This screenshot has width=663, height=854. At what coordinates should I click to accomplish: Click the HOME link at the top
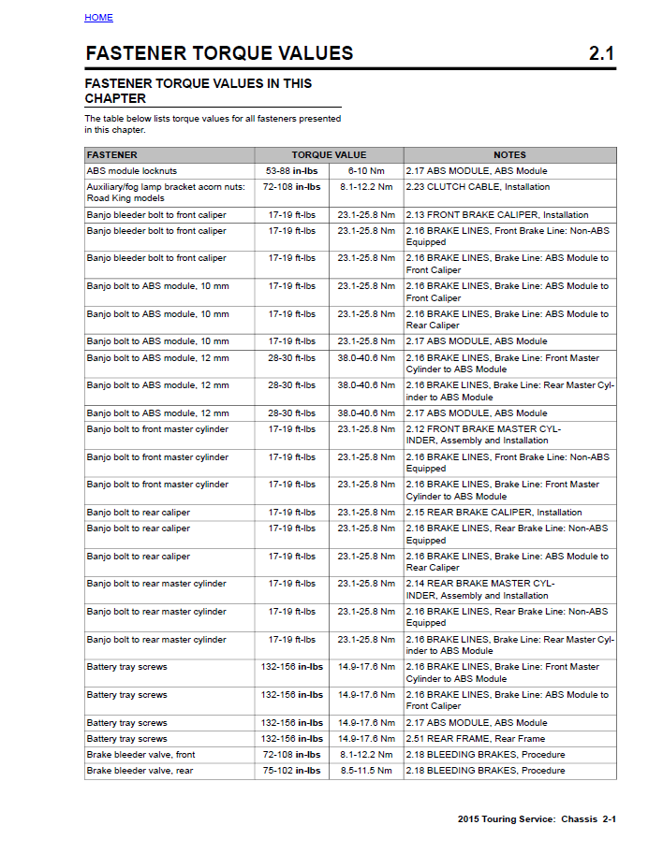[98, 18]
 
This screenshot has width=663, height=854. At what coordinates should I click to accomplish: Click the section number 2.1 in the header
[601, 53]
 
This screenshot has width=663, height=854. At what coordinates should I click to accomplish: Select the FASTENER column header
[112, 155]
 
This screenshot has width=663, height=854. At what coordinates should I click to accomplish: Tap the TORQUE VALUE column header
[329, 155]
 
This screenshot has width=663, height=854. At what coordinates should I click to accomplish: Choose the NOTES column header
[509, 155]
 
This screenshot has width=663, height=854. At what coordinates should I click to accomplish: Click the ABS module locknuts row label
[132, 171]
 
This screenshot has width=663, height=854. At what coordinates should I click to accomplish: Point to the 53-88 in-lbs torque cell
[291, 171]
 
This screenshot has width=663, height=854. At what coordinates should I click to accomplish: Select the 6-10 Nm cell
[366, 171]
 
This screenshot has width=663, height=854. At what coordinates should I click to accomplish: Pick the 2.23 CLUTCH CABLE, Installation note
[478, 187]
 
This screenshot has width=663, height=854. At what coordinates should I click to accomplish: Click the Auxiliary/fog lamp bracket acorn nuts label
[166, 187]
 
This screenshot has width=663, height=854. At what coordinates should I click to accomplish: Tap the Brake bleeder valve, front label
[140, 755]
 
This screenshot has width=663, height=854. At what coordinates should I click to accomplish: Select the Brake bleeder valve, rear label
[140, 771]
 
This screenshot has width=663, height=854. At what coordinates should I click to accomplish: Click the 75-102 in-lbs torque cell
[291, 771]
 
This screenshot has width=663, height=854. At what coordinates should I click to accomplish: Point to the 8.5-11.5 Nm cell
[366, 771]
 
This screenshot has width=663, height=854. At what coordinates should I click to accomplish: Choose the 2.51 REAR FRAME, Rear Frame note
[475, 739]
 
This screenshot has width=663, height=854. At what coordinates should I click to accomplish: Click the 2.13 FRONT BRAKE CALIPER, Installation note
[497, 215]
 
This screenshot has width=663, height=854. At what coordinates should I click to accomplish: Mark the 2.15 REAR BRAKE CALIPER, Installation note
[494, 513]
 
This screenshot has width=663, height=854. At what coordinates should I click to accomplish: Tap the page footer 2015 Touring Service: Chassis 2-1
[537, 819]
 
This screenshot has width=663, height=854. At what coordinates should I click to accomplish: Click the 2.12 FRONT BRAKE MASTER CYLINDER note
[483, 435]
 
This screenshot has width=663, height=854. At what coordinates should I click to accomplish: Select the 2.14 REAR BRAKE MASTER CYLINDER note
[480, 589]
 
